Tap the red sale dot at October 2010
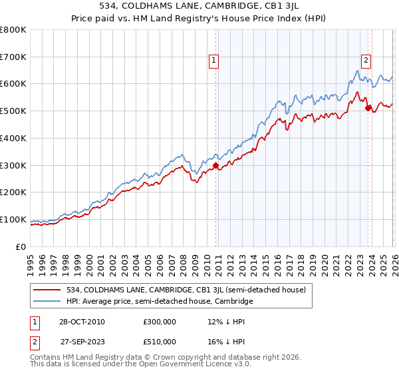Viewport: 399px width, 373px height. (x=215, y=165)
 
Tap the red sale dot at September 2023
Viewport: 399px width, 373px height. (x=367, y=108)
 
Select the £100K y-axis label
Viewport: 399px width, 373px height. (x=13, y=219)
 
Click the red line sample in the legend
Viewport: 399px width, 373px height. (x=47, y=290)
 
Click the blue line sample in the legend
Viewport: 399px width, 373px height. (x=47, y=302)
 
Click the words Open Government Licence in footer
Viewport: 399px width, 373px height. (x=179, y=366)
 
